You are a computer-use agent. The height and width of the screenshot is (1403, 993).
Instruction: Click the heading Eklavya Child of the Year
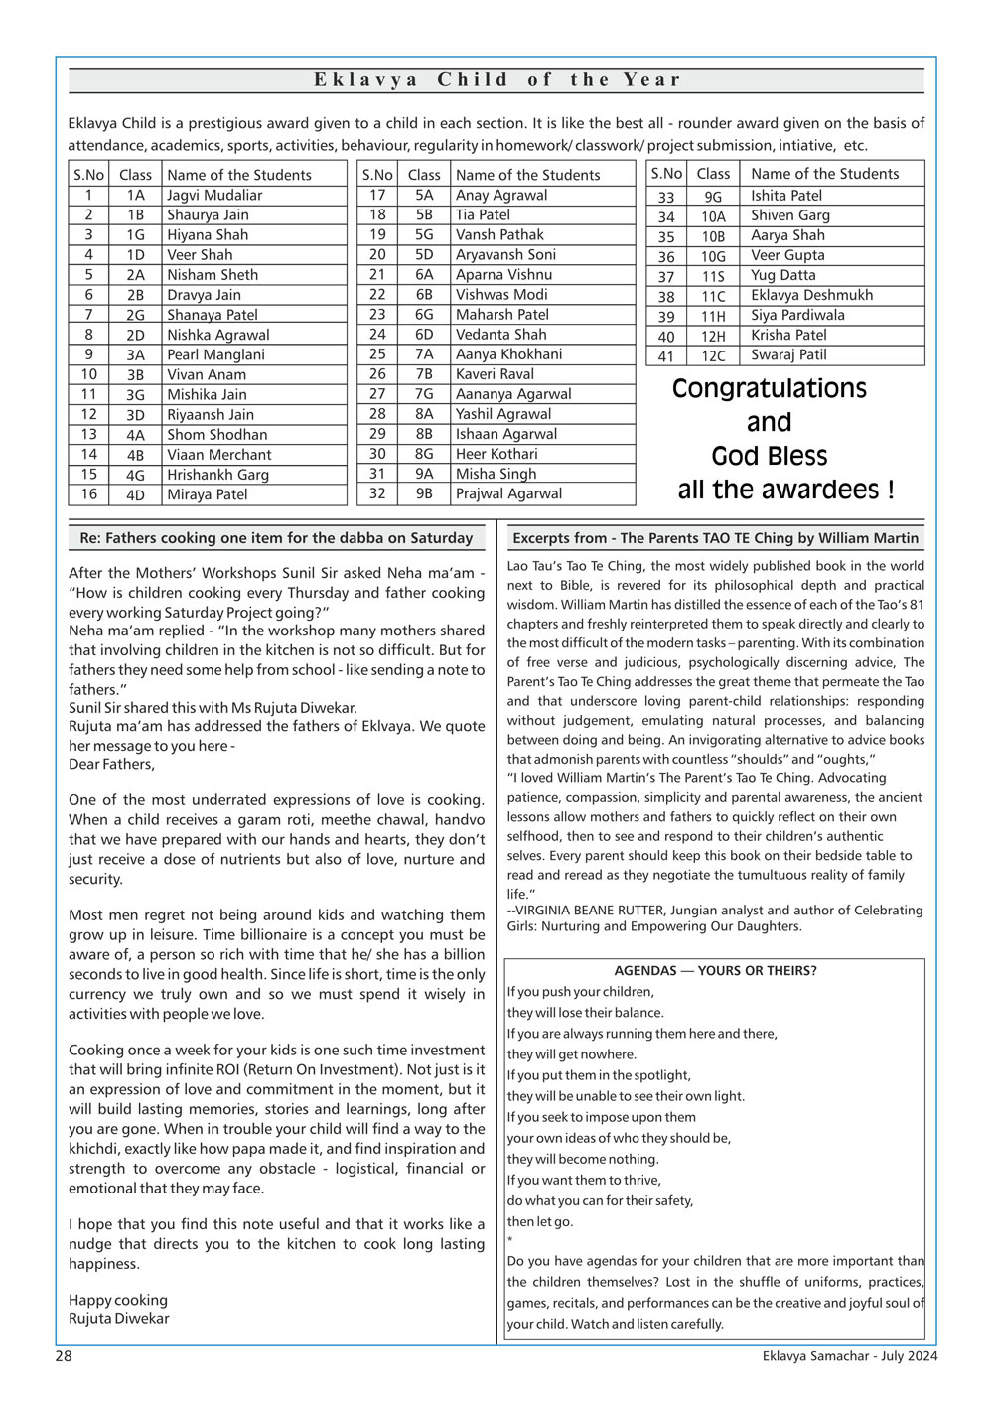pyautogui.click(x=496, y=80)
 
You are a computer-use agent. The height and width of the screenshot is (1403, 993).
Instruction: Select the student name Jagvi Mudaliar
pyautogui.click(x=214, y=196)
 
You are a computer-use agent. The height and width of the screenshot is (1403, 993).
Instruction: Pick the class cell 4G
pyautogui.click(x=135, y=475)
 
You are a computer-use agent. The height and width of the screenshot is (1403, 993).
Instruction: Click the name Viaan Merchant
pyautogui.click(x=218, y=455)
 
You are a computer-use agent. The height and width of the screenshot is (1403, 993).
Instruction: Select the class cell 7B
pyautogui.click(x=424, y=374)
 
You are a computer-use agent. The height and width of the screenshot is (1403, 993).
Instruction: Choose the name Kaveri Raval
pyautogui.click(x=495, y=374)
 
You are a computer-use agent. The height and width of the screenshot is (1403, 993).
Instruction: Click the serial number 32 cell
pyautogui.click(x=377, y=493)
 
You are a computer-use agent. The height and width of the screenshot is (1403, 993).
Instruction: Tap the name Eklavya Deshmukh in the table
pyautogui.click(x=811, y=295)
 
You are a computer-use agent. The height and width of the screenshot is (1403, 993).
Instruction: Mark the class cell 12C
pyautogui.click(x=713, y=355)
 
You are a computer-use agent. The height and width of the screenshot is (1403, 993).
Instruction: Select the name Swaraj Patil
pyautogui.click(x=788, y=354)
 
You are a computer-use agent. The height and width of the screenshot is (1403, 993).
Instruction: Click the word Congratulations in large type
pyautogui.click(x=770, y=389)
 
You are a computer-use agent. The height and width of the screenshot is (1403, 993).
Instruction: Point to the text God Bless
pyautogui.click(x=770, y=457)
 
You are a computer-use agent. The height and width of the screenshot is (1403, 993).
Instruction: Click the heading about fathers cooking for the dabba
pyautogui.click(x=277, y=538)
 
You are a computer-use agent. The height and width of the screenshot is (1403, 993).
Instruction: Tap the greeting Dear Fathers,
pyautogui.click(x=112, y=765)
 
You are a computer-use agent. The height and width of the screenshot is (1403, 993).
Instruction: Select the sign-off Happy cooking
pyautogui.click(x=118, y=1300)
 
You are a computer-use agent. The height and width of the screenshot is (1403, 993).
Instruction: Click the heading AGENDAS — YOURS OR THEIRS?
pyautogui.click(x=715, y=971)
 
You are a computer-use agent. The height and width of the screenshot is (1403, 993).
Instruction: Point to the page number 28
pyautogui.click(x=64, y=1356)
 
